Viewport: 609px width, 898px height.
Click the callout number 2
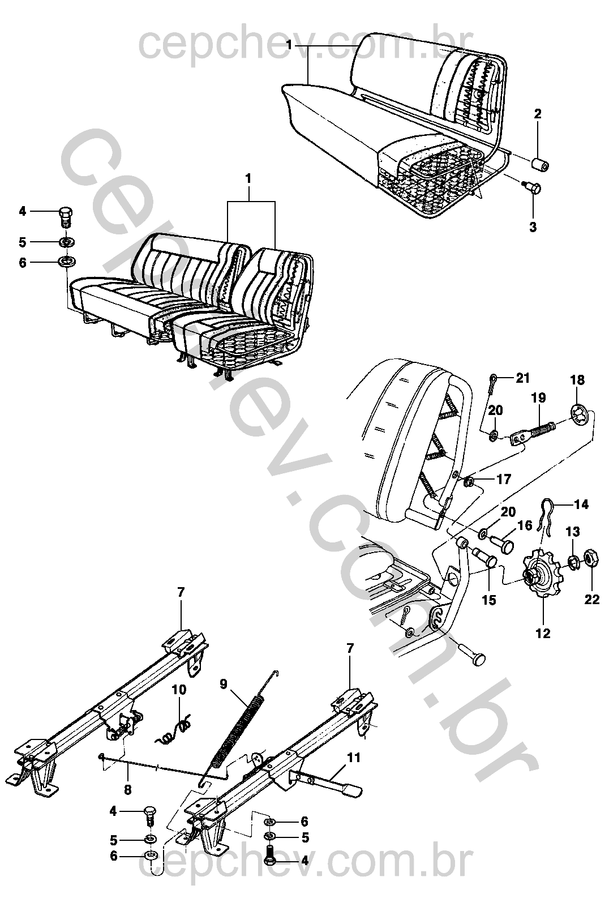pyautogui.click(x=537, y=113)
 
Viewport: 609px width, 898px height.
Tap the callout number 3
pyautogui.click(x=533, y=227)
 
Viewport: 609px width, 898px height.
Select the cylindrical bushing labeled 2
pyautogui.click(x=540, y=165)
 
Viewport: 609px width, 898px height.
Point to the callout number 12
pyautogui.click(x=543, y=634)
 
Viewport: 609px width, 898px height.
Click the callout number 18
pyautogui.click(x=577, y=380)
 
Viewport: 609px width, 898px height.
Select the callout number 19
pyautogui.click(x=538, y=397)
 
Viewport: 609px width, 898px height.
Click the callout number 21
pyautogui.click(x=522, y=378)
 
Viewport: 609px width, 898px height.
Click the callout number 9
pyautogui.click(x=223, y=683)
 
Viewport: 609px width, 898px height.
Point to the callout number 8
pyautogui.click(x=127, y=789)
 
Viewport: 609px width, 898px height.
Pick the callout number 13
pyautogui.click(x=573, y=532)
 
